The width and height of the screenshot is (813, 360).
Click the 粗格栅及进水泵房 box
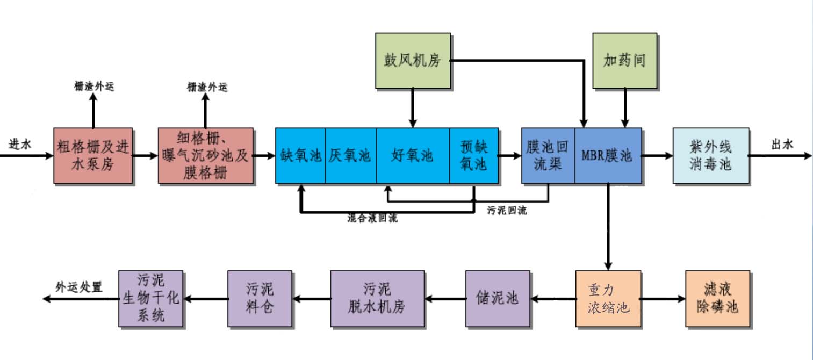point(93,155)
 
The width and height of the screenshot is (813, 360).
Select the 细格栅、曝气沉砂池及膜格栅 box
point(205,155)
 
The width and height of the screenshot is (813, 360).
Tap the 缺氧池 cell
point(300,155)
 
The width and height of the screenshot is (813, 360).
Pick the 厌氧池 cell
point(350,155)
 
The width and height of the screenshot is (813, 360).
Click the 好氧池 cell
point(412,155)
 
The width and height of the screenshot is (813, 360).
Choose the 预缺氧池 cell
point(473,155)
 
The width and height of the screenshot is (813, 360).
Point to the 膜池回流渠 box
point(548,155)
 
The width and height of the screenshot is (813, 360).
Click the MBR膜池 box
point(608,155)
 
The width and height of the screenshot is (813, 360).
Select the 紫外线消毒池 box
point(710,155)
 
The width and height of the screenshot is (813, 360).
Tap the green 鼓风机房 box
point(412,60)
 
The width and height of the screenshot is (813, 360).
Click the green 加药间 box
point(624,60)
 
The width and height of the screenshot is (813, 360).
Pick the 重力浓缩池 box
point(608,299)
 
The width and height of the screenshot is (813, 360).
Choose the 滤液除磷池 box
point(717,299)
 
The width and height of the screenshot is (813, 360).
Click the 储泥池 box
point(498,299)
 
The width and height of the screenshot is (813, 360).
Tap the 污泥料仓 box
point(260,299)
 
